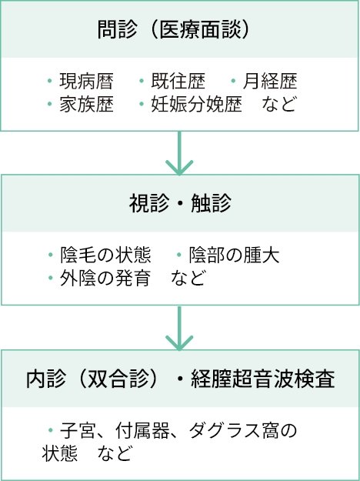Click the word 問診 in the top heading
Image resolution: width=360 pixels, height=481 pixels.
click(117, 30)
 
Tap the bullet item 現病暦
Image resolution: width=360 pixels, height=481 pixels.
click(86, 81)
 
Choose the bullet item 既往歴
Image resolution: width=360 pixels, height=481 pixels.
click(178, 81)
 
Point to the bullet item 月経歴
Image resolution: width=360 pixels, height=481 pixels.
click(270, 81)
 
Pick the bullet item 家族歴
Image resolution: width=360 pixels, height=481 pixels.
click(86, 105)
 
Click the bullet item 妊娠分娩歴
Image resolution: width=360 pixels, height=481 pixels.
click(196, 105)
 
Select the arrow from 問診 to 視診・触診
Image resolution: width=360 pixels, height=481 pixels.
click(179, 153)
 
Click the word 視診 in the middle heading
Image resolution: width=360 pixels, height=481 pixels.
click(148, 203)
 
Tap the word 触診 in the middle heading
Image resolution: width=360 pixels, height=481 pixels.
click(211, 203)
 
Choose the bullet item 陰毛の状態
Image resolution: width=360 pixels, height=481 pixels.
click(105, 256)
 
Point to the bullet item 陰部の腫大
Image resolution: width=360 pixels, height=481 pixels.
click(234, 256)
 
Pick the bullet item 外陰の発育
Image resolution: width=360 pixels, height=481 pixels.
click(105, 279)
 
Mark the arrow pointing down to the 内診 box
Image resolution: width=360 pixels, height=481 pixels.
click(179, 328)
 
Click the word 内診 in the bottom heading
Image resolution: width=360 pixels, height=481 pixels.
click(46, 379)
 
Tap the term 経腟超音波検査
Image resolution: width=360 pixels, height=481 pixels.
click(263, 379)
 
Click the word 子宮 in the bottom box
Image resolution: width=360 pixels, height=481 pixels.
click(78, 431)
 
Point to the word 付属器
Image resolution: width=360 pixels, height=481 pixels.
click(142, 431)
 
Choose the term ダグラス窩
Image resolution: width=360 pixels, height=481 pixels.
click(234, 431)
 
